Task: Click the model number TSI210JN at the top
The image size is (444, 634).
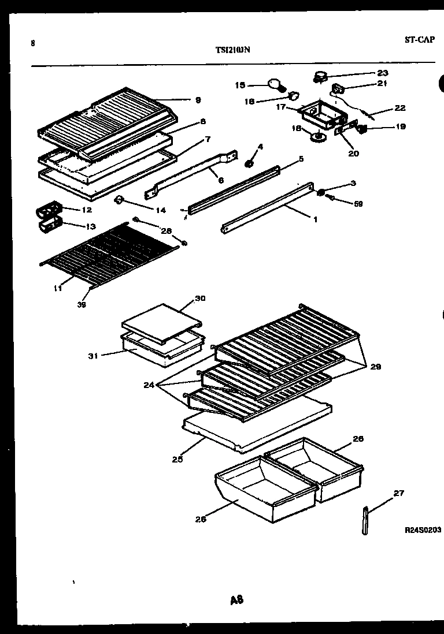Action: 232,50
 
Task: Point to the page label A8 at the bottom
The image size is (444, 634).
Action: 236,600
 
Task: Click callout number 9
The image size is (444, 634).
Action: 198,100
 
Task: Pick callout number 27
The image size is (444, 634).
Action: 399,493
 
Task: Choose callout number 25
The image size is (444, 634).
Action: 177,460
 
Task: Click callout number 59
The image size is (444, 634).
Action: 358,203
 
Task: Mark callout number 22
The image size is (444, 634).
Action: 400,108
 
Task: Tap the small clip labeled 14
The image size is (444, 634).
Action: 120,200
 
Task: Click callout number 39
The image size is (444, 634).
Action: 82,305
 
